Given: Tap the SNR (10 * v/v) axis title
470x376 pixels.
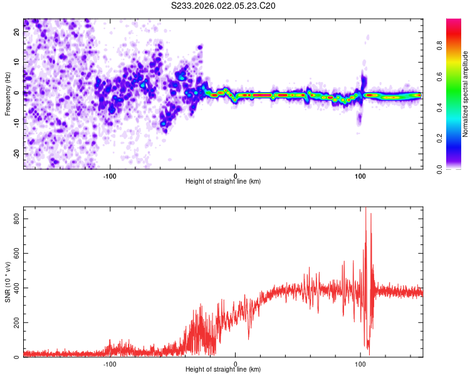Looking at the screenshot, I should click(8, 283).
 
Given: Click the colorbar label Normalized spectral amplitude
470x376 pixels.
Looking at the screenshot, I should click(466, 95).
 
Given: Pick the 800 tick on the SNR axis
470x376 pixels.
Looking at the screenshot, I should click(16, 218).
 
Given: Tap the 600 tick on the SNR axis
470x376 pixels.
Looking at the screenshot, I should click(16, 253).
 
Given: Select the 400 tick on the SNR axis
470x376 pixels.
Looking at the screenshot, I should click(16, 288).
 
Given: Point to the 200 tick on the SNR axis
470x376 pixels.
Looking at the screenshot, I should click(16, 323).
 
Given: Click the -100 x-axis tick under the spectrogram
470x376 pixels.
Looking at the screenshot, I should click(110, 175).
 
